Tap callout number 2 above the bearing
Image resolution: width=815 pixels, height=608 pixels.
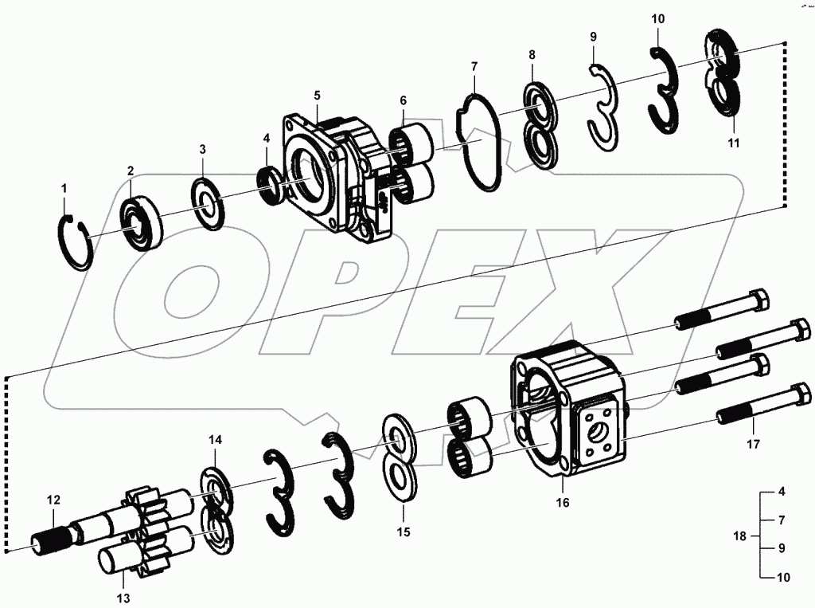click(130, 171)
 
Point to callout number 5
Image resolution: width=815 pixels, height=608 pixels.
click(317, 96)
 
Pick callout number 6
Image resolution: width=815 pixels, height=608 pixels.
click(403, 100)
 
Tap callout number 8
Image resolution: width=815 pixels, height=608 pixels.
click(532, 55)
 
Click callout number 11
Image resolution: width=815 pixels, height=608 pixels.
click(733, 143)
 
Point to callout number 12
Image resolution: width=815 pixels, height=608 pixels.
click(53, 500)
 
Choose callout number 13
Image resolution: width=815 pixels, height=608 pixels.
click(123, 597)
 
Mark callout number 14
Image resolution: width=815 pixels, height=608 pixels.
click(216, 440)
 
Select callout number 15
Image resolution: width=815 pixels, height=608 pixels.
click(404, 532)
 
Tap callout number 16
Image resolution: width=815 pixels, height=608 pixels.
click(563, 503)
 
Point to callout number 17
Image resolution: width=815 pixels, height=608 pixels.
click(753, 443)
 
